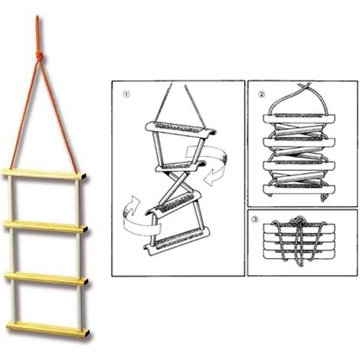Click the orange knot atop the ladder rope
click(x=39, y=56)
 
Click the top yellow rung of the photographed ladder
click(x=44, y=175)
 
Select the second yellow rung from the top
click(x=45, y=226)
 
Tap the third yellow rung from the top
click(x=47, y=278)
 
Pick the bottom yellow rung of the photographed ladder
click(x=48, y=329)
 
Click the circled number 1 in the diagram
click(x=127, y=94)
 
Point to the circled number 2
click(x=261, y=94)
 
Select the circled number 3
click(x=254, y=220)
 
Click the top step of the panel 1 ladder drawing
click(x=181, y=129)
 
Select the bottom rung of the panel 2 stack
click(x=299, y=189)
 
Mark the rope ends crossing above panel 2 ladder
click(x=304, y=87)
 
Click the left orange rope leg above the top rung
click(x=25, y=115)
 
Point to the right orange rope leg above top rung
click(x=59, y=115)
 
